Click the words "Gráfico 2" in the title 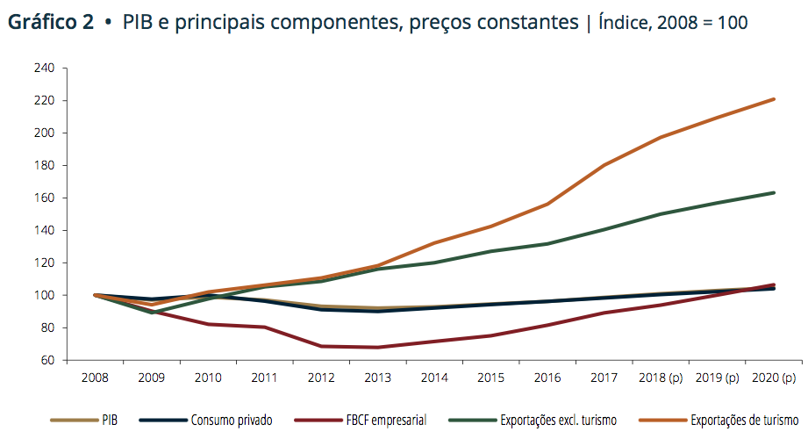click(x=51, y=23)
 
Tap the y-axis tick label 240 click(x=46, y=68)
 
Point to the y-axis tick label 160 click(x=46, y=198)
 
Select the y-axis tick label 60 click(x=48, y=360)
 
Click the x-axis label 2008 click(x=95, y=378)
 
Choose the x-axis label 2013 click(x=378, y=378)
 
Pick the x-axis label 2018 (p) click(x=661, y=378)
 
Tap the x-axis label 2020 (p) click(x=774, y=378)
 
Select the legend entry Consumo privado click(x=232, y=421)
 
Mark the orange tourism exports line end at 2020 click(x=774, y=99)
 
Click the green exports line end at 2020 click(x=774, y=192)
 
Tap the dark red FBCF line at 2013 click(x=378, y=347)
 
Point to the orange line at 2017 click(x=604, y=165)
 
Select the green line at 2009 click(x=152, y=313)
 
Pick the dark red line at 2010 click(x=208, y=324)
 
